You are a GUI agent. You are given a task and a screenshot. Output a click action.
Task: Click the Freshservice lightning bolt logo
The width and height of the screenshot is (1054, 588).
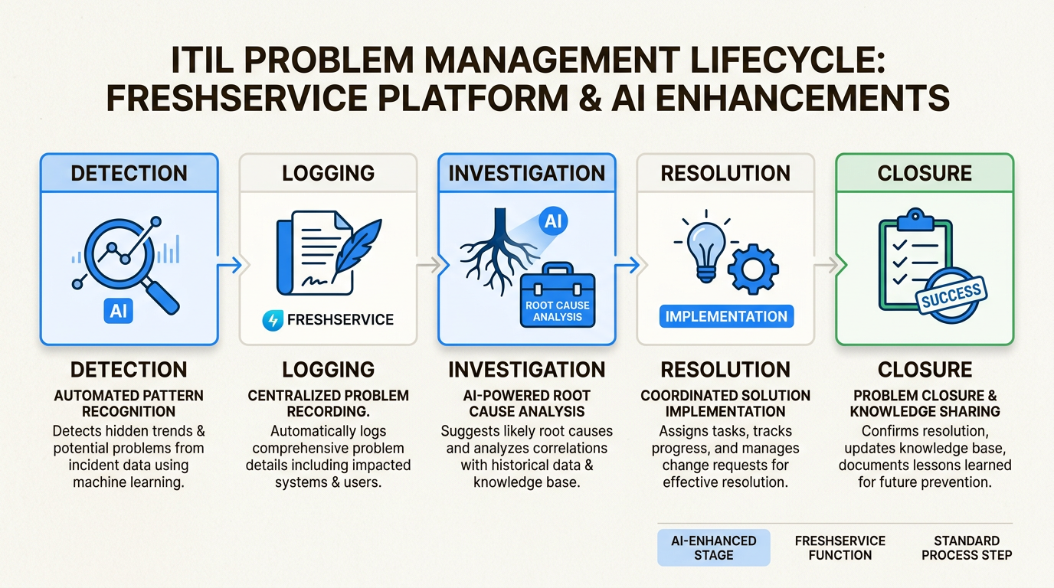[x=272, y=319]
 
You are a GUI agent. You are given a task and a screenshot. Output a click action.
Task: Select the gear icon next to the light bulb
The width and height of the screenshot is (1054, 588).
[x=751, y=268]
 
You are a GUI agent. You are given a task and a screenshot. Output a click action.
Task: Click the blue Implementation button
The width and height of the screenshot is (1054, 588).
[x=726, y=316]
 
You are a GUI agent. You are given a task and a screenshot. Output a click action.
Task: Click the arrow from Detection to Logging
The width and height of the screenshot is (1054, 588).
[x=229, y=266]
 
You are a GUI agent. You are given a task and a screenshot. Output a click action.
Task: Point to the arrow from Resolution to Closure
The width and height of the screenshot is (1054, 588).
[x=825, y=266]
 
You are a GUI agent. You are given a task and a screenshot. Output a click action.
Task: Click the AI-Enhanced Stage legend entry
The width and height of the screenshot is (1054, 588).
[x=713, y=547]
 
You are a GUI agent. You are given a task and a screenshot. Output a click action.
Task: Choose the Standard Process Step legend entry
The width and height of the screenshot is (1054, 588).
[x=967, y=547]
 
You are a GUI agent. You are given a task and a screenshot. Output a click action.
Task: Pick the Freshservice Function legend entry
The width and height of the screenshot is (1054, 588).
[x=840, y=547]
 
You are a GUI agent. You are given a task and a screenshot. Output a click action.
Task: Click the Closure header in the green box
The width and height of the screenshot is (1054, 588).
[x=925, y=173]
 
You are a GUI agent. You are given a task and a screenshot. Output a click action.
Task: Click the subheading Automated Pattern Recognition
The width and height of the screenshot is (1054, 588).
[x=129, y=403]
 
